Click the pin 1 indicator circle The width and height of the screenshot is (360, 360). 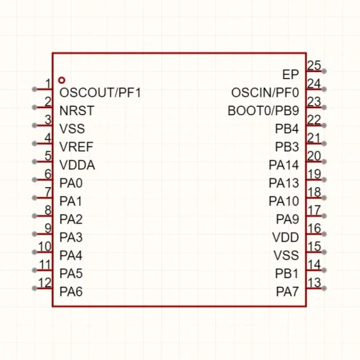tap(62, 80)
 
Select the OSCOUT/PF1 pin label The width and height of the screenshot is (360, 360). tap(100, 93)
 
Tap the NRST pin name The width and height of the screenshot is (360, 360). tap(77, 111)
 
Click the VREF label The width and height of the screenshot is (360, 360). tap(76, 147)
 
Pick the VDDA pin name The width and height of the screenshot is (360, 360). tap(77, 165)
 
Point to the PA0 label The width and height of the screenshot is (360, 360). tap(71, 183)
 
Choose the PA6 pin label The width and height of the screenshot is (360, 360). tap(71, 292)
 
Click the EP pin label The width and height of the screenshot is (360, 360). tap(291, 75)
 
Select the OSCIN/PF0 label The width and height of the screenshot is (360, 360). tap(265, 93)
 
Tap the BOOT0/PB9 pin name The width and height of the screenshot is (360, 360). tap(263, 111)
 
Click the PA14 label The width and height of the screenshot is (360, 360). tap(284, 165)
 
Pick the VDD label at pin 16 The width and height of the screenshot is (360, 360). tap(285, 238)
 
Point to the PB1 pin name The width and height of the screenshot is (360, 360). tap(287, 274)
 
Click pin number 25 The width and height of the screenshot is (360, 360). tap(314, 65)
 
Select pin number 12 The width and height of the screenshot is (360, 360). tap(45, 283)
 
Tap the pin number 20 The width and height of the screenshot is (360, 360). tap(314, 156)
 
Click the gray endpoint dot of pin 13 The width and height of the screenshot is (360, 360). tap(324, 289)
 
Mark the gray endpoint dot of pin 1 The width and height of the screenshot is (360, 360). tap(35, 89)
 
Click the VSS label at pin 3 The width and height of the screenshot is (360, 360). tap(72, 129)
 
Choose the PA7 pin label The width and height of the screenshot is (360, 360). tap(287, 292)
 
